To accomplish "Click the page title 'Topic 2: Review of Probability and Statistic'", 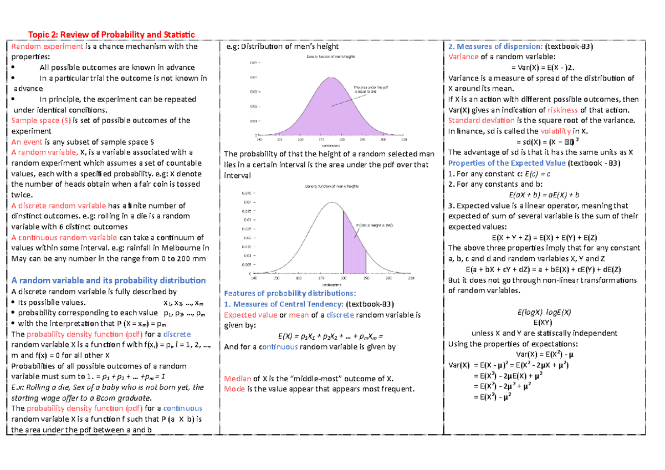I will [x=112, y=34].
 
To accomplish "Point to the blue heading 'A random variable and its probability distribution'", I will [x=109, y=280].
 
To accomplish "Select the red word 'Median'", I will [x=237, y=379].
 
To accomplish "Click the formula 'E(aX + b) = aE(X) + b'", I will [x=544, y=195].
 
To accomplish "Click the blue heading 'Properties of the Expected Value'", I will [x=507, y=163].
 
